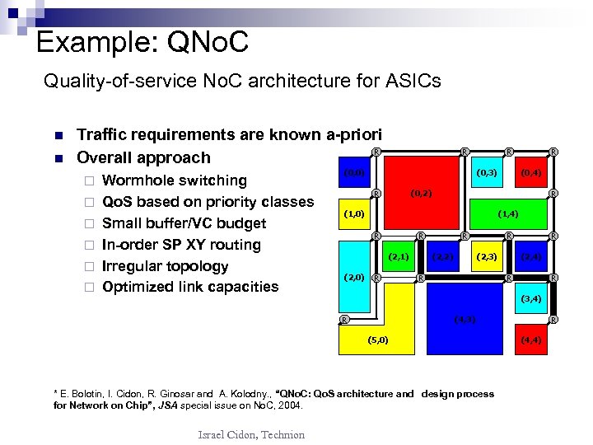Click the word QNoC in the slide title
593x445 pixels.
[201, 41]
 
